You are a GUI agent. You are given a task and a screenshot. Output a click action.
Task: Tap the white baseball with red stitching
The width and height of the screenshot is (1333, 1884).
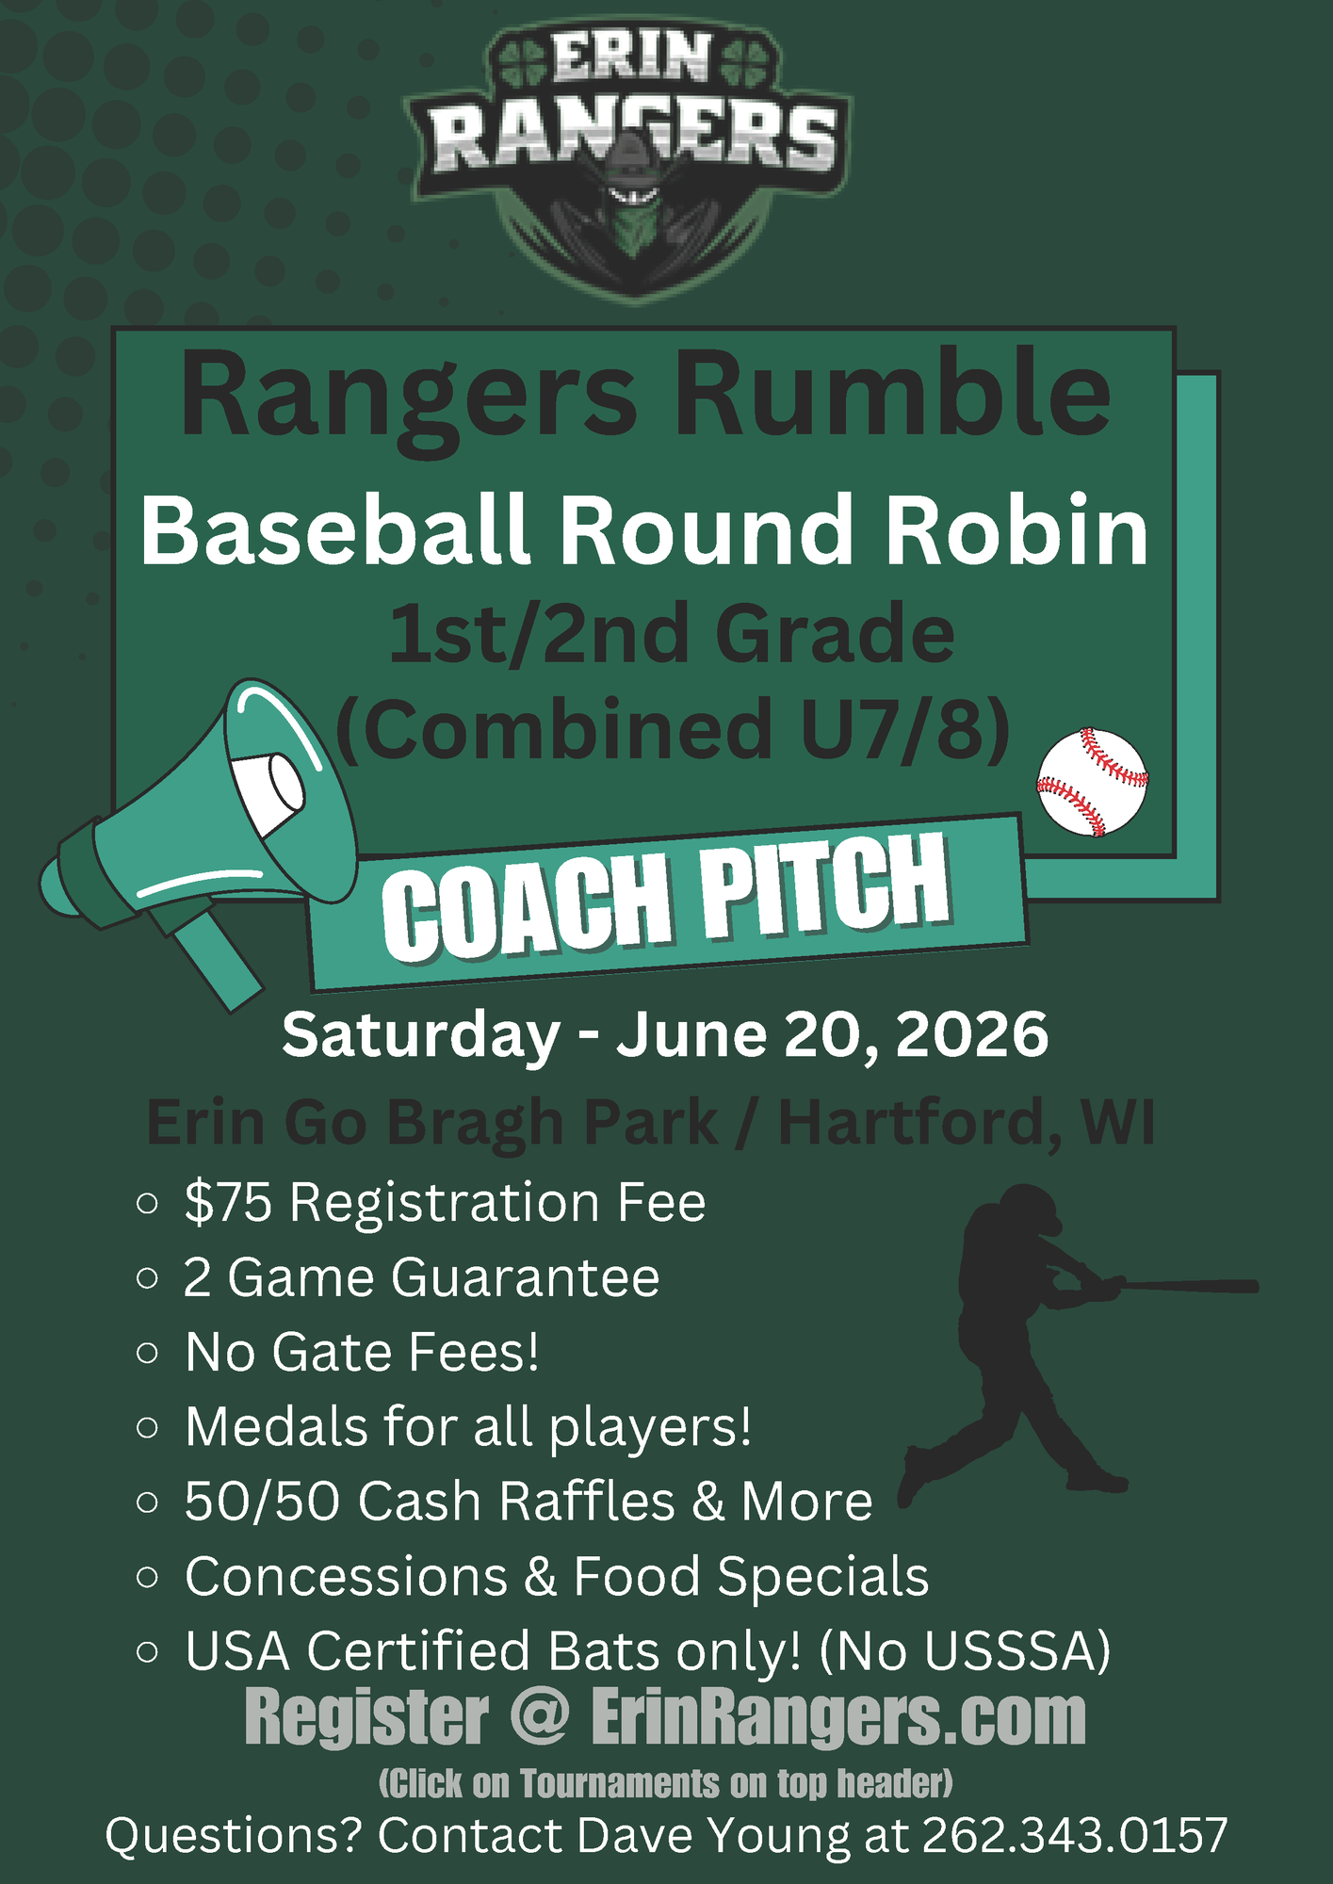[1092, 781]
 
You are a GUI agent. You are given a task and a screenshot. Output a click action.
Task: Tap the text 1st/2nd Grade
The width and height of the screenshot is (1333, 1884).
[672, 634]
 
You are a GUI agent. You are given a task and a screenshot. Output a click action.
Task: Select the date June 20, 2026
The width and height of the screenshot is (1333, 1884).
[833, 1035]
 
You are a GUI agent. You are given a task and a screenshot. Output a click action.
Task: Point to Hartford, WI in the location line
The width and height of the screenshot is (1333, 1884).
[967, 1123]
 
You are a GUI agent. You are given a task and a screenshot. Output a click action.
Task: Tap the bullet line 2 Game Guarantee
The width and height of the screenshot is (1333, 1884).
[422, 1277]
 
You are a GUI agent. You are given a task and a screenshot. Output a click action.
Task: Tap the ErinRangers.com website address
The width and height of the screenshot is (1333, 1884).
[838, 1718]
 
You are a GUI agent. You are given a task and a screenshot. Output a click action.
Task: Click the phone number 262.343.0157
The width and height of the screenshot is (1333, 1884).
[1075, 1836]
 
